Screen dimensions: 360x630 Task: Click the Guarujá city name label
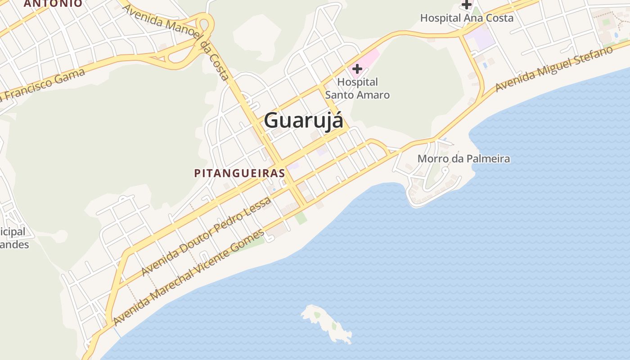[x=303, y=121]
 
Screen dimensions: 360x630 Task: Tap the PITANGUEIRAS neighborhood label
[x=240, y=173]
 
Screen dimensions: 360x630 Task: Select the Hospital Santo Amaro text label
[x=357, y=88]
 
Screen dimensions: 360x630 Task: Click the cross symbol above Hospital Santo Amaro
[x=357, y=69]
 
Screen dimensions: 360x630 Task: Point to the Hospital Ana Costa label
[x=467, y=18]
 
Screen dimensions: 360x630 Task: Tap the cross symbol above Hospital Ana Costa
[x=467, y=4]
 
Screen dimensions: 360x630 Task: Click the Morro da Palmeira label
[x=463, y=158]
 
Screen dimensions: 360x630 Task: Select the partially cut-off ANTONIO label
[x=53, y=4]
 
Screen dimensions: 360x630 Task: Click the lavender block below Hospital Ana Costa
[x=480, y=37]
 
